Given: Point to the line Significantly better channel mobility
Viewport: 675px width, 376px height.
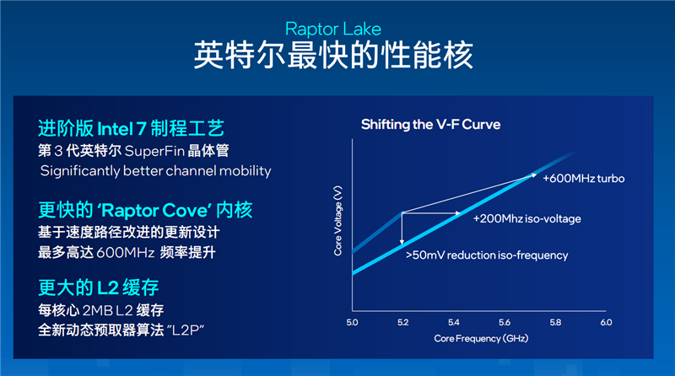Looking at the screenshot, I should click(x=156, y=171).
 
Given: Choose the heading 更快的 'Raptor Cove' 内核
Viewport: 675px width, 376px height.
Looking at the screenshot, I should click(x=145, y=210).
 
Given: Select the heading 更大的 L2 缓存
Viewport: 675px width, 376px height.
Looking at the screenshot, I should click(x=99, y=286).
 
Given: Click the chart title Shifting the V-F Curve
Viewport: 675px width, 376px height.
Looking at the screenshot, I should click(x=430, y=125).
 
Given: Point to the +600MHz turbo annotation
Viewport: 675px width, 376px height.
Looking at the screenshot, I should click(x=582, y=179).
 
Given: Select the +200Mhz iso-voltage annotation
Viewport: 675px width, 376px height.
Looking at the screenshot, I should click(x=526, y=218).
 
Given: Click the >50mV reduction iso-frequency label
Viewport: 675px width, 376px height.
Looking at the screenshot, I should click(x=486, y=255).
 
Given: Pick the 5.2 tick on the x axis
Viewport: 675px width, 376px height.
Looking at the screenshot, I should click(x=402, y=322).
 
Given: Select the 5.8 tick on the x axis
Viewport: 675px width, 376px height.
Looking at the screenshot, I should click(x=554, y=322).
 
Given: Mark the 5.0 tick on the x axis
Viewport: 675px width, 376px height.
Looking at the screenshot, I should click(x=352, y=322).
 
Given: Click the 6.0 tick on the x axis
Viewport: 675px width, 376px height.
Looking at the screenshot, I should click(x=605, y=322).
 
